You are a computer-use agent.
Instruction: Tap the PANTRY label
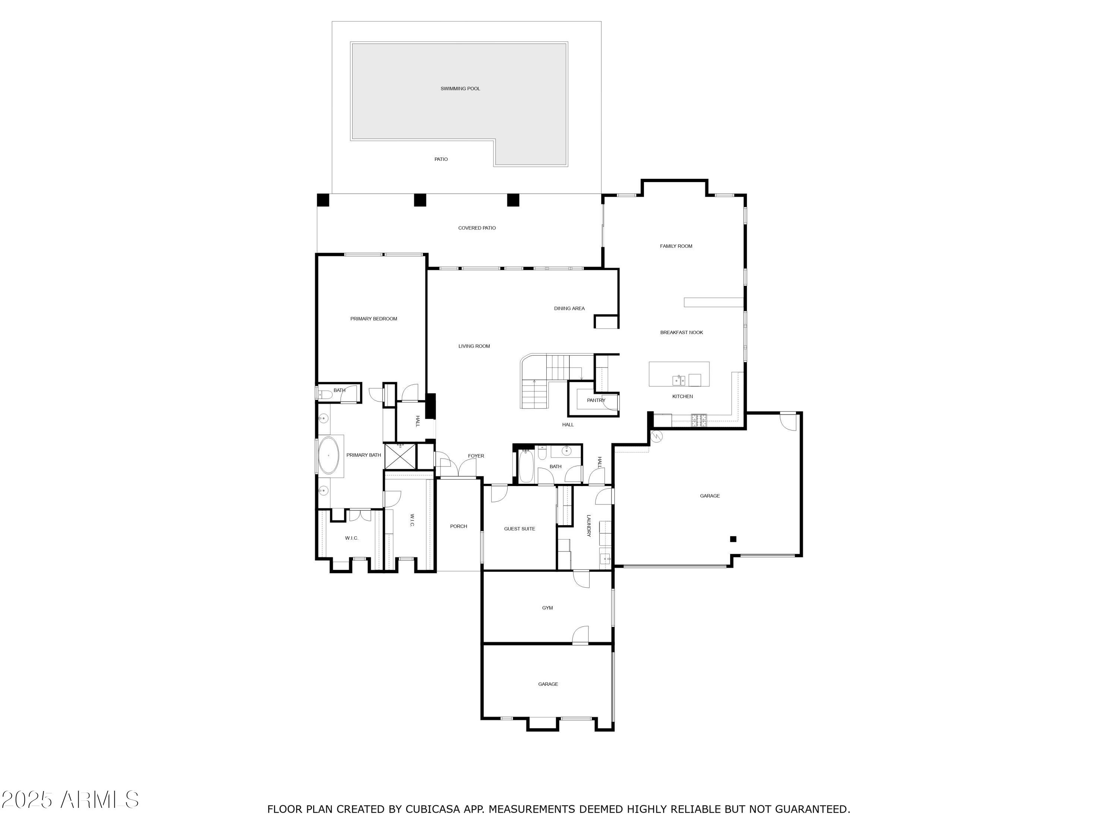pos(596,400)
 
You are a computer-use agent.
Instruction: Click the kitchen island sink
pos(679,380)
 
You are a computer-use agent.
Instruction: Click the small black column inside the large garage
pos(733,539)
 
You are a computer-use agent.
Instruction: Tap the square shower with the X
pos(400,457)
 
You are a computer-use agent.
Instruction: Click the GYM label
pos(547,608)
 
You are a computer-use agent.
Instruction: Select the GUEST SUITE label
pos(519,529)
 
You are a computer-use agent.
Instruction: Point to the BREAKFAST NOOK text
pos(681,332)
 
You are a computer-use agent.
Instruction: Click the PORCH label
pos(458,526)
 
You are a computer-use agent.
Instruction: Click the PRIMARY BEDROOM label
pos(373,319)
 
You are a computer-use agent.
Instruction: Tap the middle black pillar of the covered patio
pos(420,200)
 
